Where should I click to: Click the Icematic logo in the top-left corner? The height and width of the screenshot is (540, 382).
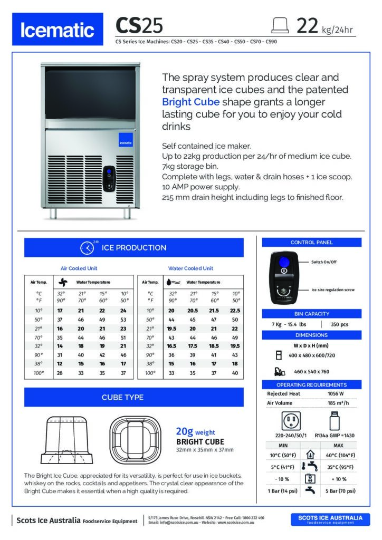[58, 30]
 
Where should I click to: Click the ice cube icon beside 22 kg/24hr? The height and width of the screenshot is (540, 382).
[279, 25]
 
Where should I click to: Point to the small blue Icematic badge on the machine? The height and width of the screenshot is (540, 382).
[125, 142]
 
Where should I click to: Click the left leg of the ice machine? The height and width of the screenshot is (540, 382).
[53, 213]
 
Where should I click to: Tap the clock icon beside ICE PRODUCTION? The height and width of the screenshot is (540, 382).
[87, 248]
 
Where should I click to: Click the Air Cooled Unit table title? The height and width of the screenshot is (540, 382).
[79, 268]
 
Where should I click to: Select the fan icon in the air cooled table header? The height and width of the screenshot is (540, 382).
[63, 282]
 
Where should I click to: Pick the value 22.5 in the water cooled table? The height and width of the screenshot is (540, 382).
[235, 311]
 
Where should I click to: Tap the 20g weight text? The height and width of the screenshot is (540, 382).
[195, 432]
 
